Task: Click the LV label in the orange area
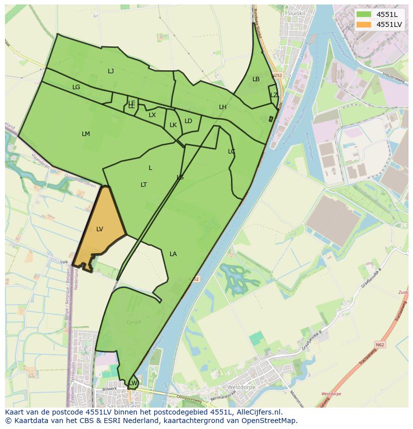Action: (100, 229)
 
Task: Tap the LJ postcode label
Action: (111, 71)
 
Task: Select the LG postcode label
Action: (76, 87)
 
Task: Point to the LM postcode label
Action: (86, 134)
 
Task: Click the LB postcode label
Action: (256, 79)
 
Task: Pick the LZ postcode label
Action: (274, 95)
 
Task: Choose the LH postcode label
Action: (222, 107)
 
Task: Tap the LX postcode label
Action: (152, 115)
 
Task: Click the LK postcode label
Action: (173, 125)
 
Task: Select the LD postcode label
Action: (188, 121)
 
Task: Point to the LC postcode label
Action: (231, 151)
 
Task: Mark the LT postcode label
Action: (144, 185)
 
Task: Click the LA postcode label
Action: (173, 254)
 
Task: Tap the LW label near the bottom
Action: (133, 383)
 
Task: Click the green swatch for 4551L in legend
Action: (364, 14)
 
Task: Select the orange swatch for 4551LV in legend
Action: (364, 24)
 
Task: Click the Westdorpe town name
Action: (241, 387)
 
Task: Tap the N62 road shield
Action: (380, 344)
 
